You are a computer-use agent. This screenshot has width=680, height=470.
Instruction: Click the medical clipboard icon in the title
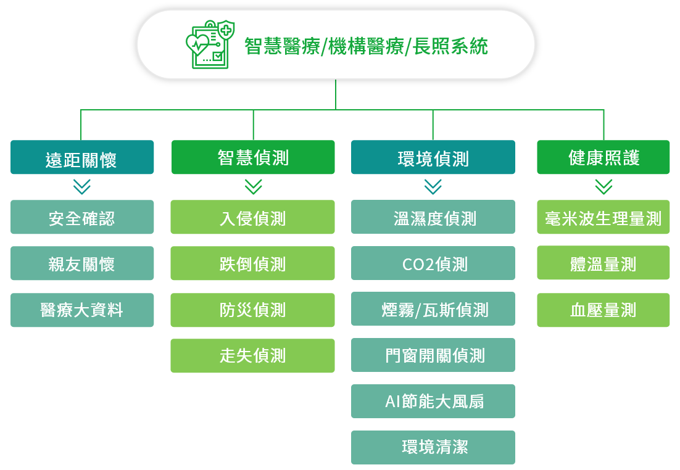(x=210, y=44)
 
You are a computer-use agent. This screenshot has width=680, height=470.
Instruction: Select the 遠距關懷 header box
(x=82, y=157)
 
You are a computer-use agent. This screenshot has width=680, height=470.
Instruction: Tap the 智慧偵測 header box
(x=253, y=157)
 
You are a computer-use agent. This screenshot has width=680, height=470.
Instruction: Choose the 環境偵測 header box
(x=433, y=157)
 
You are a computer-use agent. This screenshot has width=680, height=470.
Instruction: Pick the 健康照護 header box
(x=603, y=157)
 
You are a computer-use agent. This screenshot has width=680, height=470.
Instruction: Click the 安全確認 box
(x=82, y=216)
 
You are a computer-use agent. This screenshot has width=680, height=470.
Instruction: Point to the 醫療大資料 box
(x=82, y=310)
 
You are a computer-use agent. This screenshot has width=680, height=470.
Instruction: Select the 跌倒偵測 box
(x=252, y=263)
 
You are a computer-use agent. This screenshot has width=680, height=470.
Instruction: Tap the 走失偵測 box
(x=252, y=355)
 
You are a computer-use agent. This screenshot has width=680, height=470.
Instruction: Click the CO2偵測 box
(x=433, y=263)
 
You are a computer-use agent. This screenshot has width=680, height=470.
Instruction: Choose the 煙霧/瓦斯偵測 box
(x=433, y=309)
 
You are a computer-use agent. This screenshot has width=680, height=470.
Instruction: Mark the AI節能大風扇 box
(x=433, y=401)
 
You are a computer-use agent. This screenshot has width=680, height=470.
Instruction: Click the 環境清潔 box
(x=433, y=447)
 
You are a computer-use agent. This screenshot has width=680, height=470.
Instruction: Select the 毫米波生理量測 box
(x=603, y=216)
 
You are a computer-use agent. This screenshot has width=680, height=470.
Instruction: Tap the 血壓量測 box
(x=603, y=310)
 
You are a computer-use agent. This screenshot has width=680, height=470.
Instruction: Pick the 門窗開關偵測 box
(x=433, y=355)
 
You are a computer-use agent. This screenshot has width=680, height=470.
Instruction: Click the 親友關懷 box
(x=82, y=263)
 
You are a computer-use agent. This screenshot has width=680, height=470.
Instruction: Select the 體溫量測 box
(x=603, y=263)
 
